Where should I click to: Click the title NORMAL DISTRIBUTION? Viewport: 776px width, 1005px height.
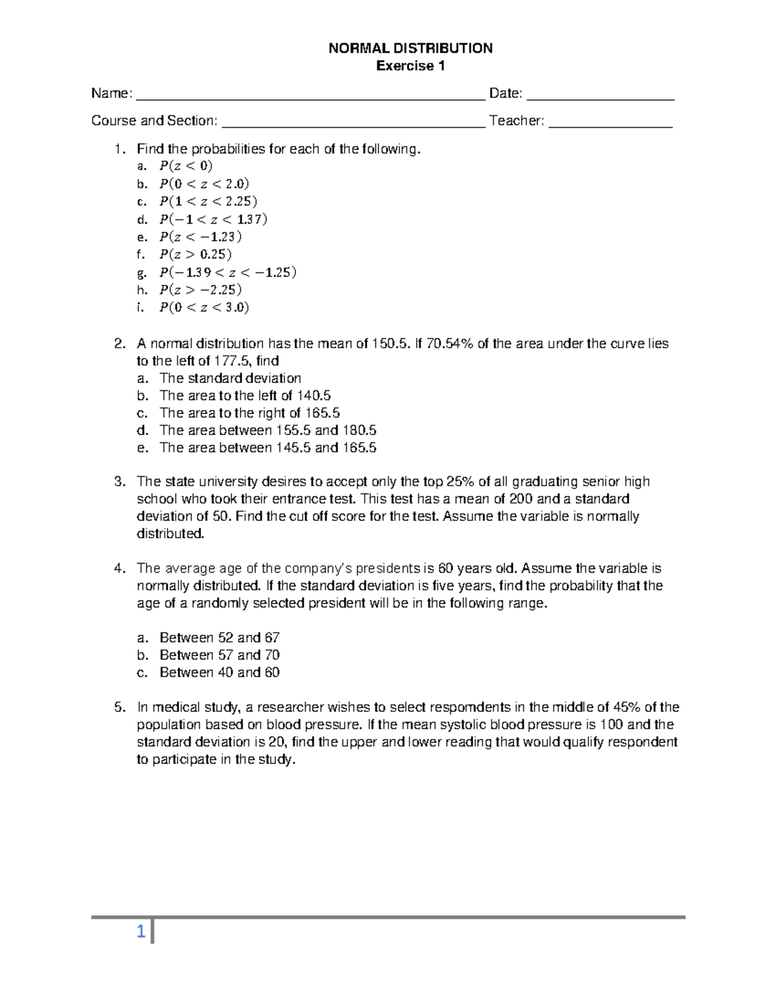coord(411,49)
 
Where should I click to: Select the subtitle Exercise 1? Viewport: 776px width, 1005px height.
coord(411,66)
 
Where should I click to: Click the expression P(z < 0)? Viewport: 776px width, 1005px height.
coord(186,166)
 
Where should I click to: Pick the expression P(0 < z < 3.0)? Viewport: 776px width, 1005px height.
coord(204,307)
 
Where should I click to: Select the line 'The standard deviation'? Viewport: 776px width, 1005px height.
coord(230,379)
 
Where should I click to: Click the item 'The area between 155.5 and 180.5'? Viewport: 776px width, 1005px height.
coord(268,431)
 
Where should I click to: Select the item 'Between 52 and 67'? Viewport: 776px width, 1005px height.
coord(219,638)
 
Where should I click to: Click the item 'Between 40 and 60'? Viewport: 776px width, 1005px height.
coord(219,673)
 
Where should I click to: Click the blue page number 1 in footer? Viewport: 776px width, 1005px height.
coord(141,933)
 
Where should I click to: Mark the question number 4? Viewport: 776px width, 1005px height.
coord(118,569)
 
